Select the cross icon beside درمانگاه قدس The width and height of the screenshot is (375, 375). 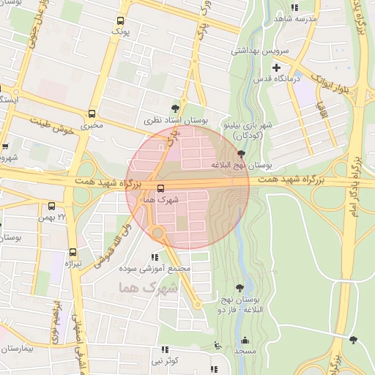276,68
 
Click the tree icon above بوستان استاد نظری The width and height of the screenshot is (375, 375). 175,107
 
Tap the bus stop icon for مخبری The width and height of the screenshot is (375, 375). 92,114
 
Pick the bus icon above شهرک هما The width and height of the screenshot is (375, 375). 161,187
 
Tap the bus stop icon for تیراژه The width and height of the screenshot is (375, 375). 72,250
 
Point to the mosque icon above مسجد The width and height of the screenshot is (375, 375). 244,340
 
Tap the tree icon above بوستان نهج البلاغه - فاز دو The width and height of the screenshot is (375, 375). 240,289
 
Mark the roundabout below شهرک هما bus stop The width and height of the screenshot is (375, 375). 157,234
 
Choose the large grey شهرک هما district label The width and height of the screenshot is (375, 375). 147,288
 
